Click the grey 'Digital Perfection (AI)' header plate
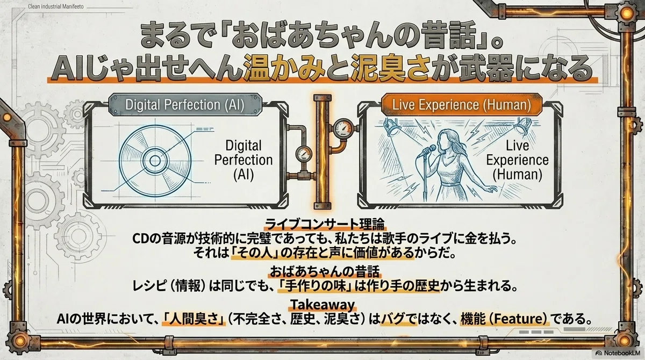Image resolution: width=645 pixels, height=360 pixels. pos(185,104)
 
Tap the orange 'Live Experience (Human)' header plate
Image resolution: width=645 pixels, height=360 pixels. pos(462,104)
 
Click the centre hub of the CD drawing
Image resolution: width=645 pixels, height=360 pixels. pos(155,161)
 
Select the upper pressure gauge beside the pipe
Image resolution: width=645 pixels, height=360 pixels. pos(343,129)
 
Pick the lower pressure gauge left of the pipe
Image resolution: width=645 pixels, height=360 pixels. pos(304,154)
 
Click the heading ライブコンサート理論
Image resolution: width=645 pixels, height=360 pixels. pos(325,224)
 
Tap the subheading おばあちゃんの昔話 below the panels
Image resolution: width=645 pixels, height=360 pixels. pos(325,271)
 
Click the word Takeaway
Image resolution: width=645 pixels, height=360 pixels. pos(322,304)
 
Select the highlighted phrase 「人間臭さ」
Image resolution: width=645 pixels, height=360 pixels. pos(193,319)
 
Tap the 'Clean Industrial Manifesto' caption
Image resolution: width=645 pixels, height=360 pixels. pos(55,6)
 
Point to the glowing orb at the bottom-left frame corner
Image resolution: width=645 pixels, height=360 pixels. pos(20,341)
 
